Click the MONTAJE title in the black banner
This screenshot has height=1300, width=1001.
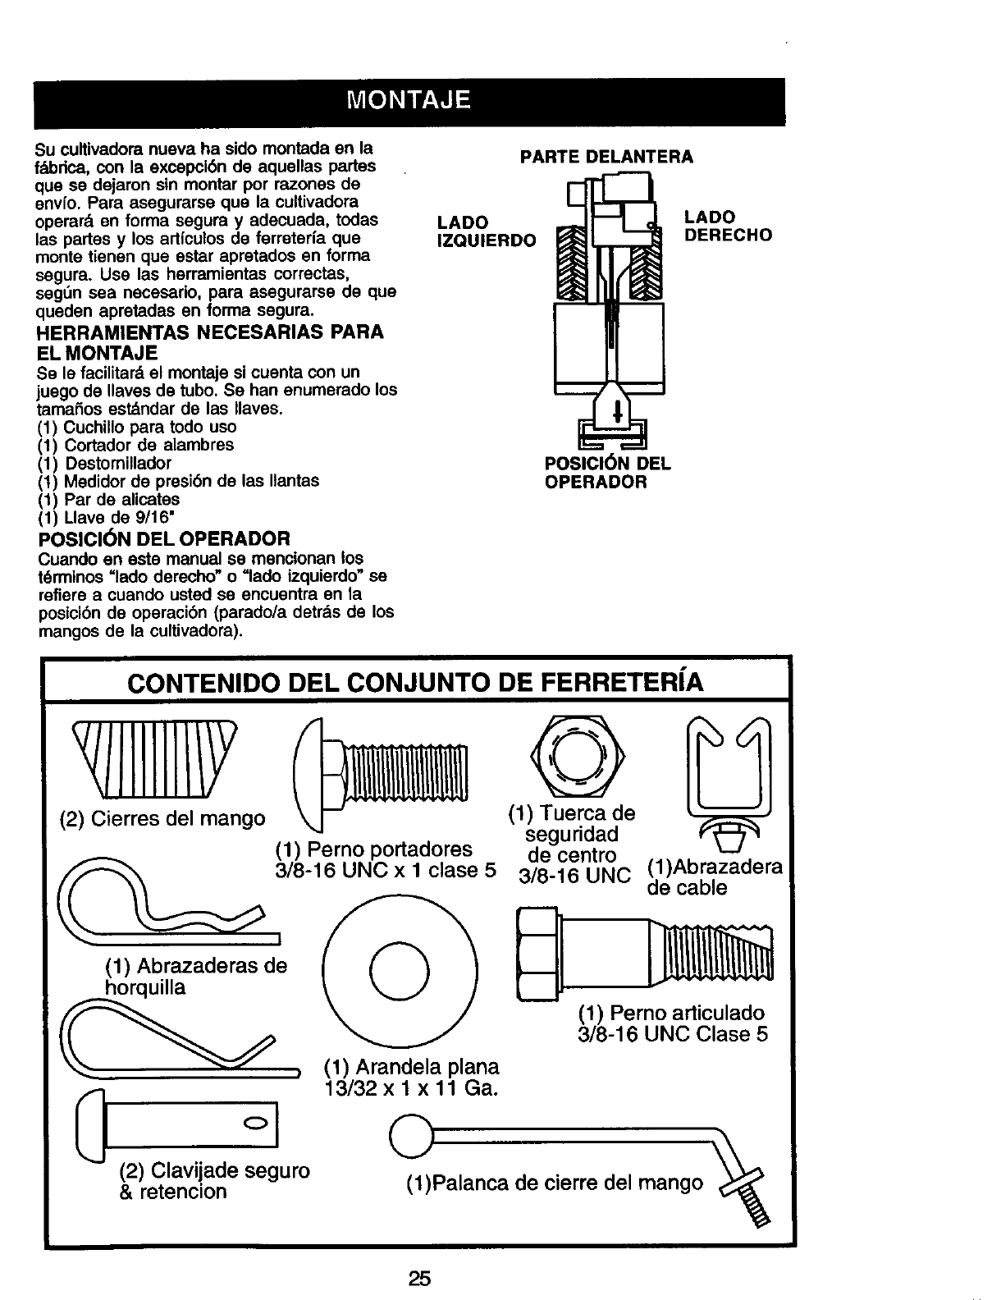click(409, 101)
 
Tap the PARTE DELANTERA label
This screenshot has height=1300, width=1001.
click(607, 156)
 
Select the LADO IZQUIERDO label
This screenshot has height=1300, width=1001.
click(486, 231)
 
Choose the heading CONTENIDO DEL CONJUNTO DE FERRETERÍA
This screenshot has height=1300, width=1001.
click(418, 682)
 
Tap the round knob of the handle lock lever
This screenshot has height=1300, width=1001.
click(409, 1136)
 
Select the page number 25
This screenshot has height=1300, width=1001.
click(420, 1278)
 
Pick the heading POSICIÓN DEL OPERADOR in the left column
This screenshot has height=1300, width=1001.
click(164, 538)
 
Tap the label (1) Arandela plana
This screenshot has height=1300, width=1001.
click(411, 1067)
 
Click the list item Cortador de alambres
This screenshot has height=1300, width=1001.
click(136, 445)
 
